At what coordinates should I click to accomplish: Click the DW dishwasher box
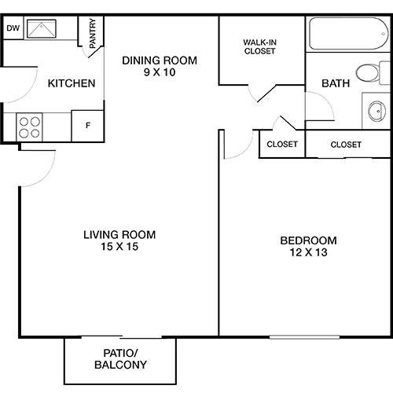pos(12,28)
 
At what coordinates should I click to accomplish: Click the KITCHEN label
pos(72,83)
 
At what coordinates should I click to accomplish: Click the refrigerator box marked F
pos(87,125)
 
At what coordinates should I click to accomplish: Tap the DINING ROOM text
pos(159,61)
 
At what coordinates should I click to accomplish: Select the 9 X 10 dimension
pos(159,73)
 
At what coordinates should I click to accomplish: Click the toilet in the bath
pos(368,73)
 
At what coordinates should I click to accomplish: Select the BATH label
pos(336,83)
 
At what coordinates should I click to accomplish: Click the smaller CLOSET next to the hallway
pos(282,144)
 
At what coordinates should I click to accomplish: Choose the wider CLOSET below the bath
pos(346,144)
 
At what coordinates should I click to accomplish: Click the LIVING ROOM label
pos(119,234)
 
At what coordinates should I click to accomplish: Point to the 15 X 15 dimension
pos(119,247)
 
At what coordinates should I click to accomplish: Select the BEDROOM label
pos(309,240)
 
